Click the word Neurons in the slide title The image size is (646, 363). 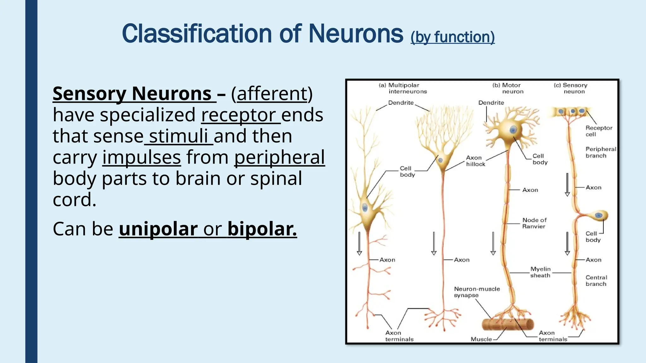[x=356, y=34]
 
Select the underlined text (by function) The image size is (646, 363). [x=452, y=37]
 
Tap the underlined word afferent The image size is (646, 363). [x=272, y=94]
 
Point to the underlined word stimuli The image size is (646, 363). [x=179, y=136]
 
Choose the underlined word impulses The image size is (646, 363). [x=141, y=157]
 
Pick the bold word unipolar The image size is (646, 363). [x=158, y=229]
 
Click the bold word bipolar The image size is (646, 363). [x=262, y=229]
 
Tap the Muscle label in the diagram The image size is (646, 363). [x=481, y=339]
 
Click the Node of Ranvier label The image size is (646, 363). [x=534, y=223]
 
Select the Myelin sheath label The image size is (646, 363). [x=540, y=272]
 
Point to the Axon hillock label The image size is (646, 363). [x=475, y=161]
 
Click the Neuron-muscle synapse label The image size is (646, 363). [x=477, y=292]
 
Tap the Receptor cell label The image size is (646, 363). [x=598, y=131]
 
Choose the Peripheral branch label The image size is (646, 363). [x=600, y=152]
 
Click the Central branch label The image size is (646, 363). [x=596, y=280]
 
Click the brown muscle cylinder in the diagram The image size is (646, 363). [x=508, y=324]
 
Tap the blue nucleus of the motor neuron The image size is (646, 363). [x=513, y=130]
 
